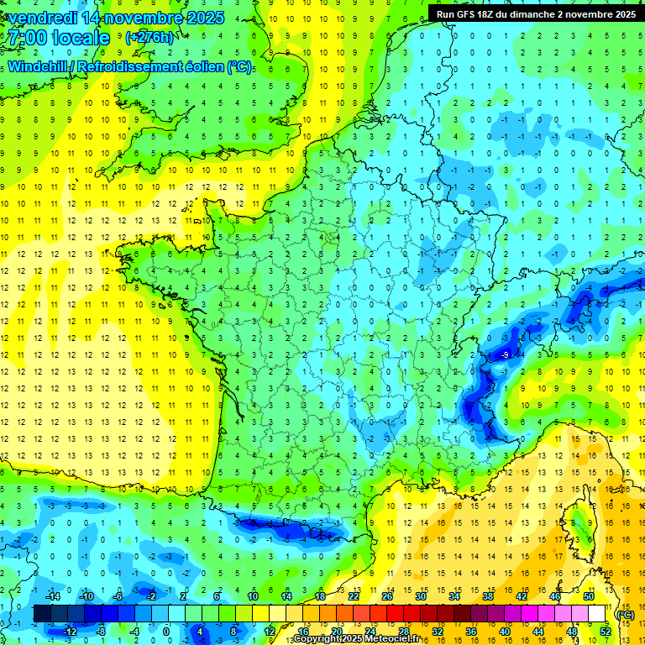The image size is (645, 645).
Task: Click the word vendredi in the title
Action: (42, 17)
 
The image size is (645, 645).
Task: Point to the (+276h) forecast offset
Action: (149, 38)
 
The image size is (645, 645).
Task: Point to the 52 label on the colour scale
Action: (605, 631)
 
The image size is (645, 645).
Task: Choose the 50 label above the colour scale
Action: (588, 596)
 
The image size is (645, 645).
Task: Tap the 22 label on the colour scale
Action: (354, 596)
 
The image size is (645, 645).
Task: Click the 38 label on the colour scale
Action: (487, 596)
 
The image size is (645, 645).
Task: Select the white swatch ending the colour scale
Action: (597, 614)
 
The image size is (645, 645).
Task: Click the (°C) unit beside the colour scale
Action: (624, 614)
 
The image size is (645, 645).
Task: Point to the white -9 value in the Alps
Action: (505, 356)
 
